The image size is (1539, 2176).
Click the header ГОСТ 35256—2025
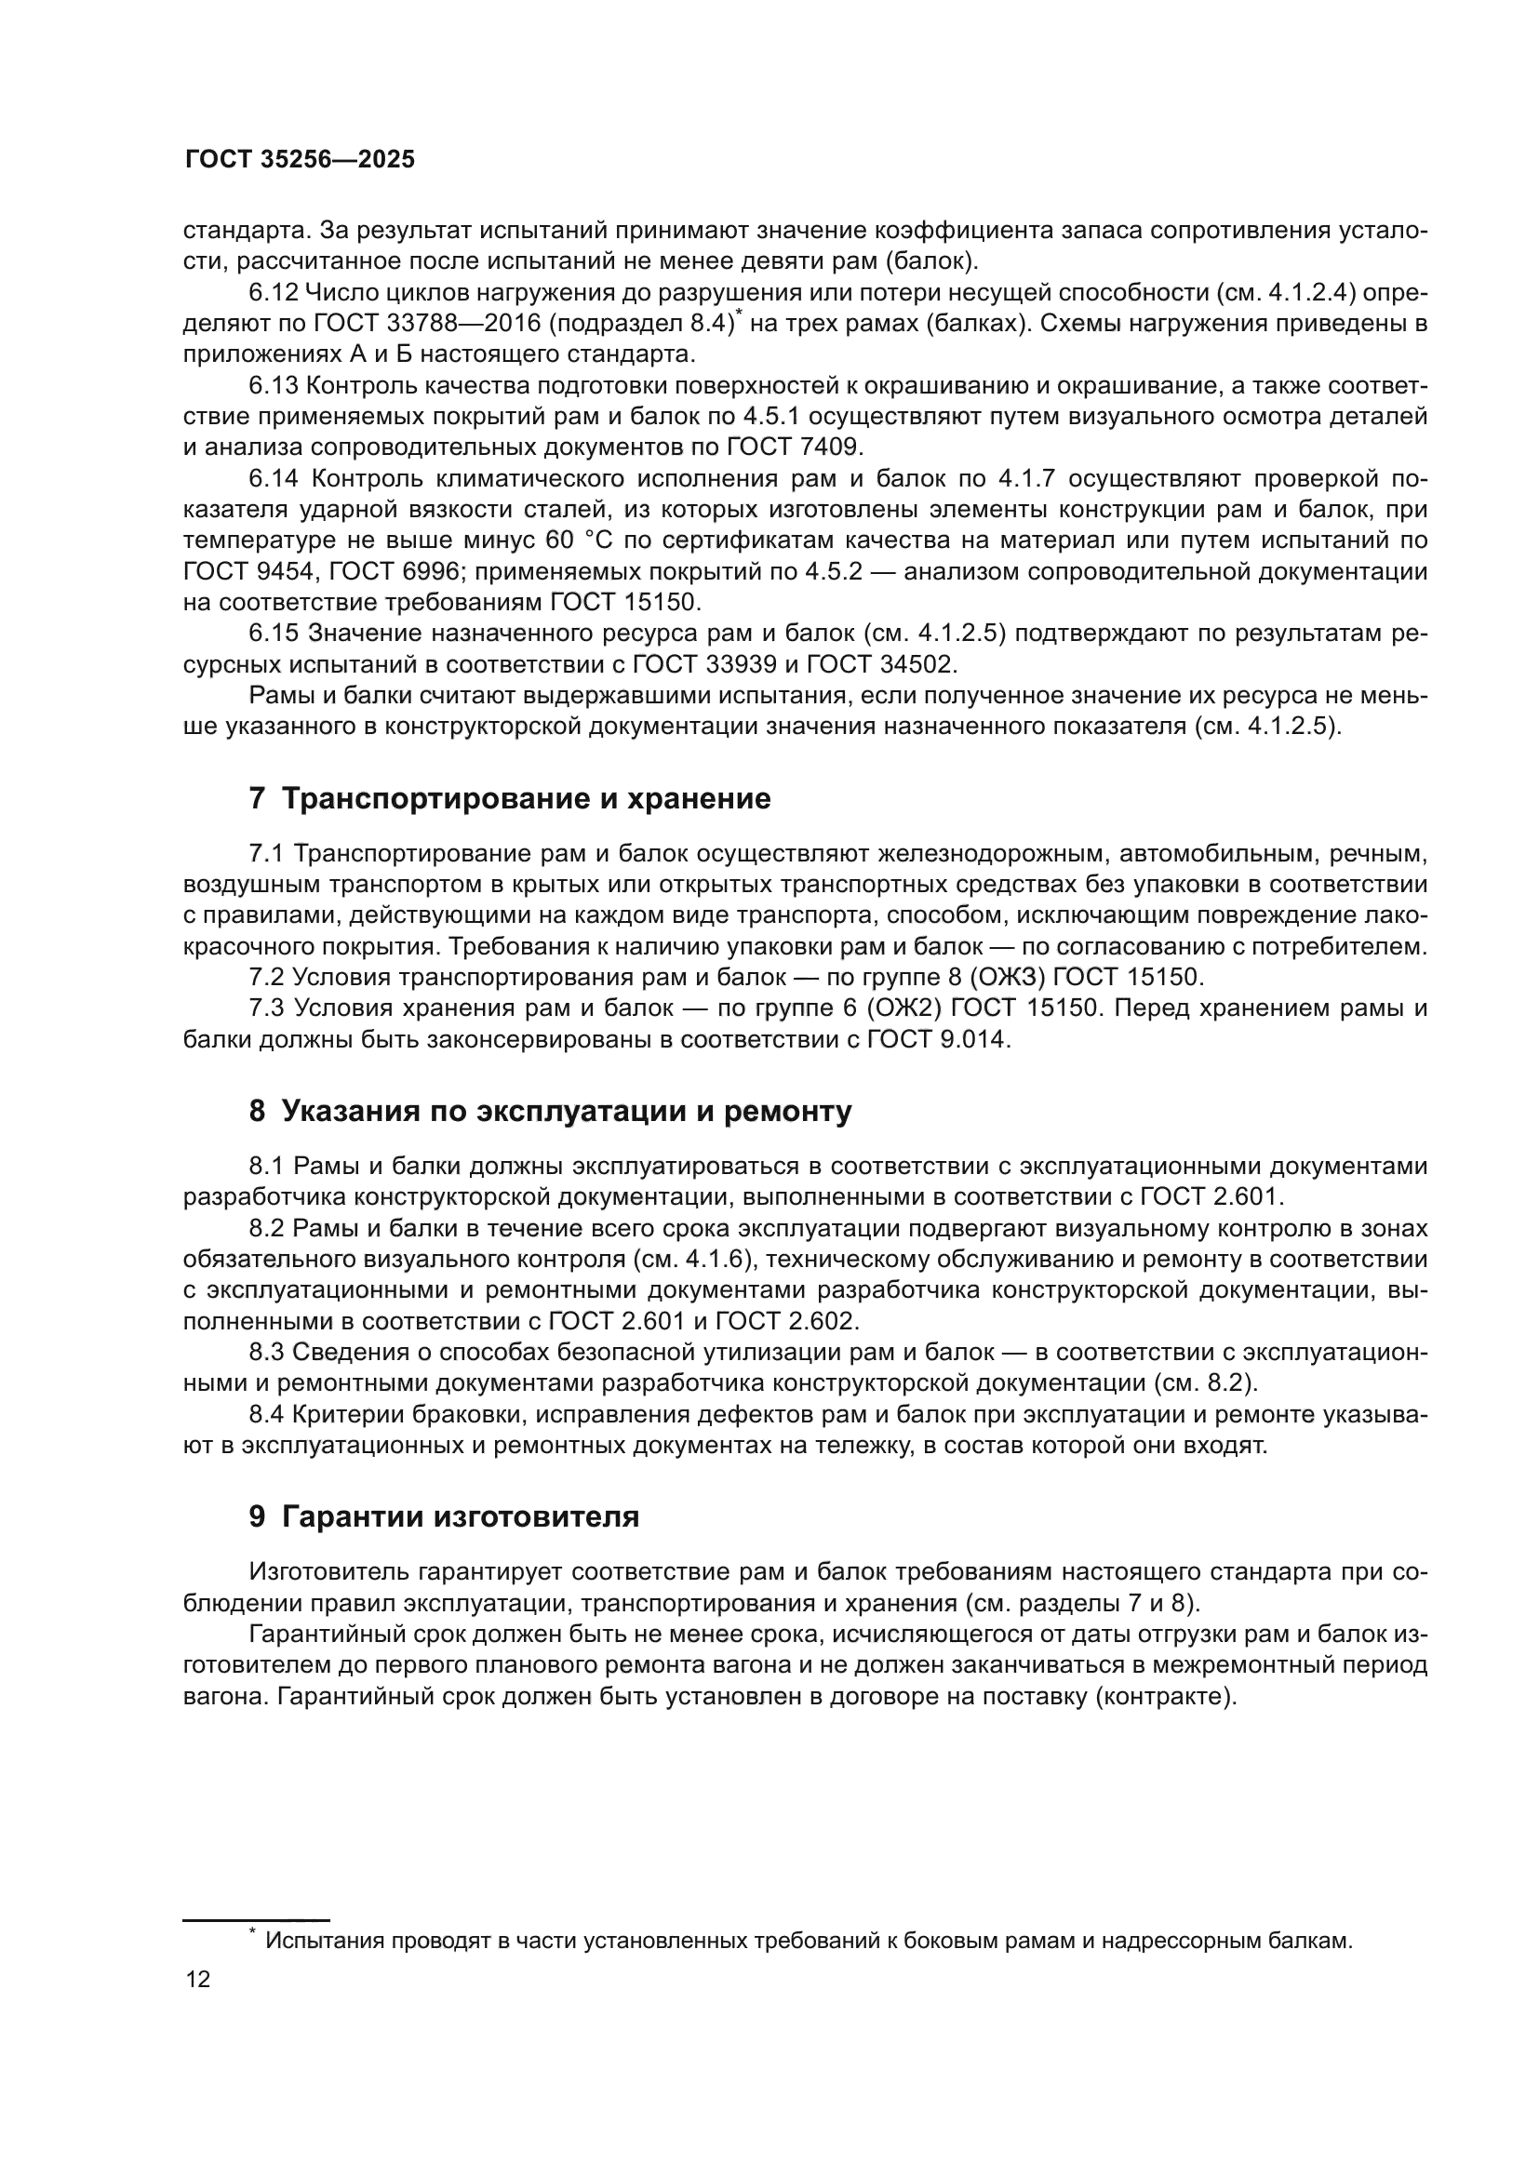(300, 159)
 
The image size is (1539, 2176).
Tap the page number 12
(198, 1979)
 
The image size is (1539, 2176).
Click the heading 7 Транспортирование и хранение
(510, 799)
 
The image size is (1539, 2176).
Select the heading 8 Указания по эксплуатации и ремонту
(550, 1111)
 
